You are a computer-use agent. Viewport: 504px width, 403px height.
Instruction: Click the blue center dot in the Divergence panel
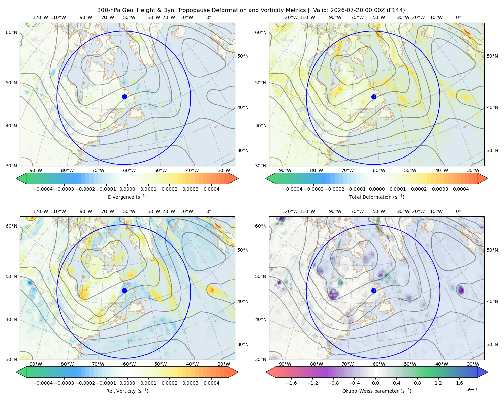pos(124,97)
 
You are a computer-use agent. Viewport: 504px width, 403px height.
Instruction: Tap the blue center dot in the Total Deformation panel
pos(374,97)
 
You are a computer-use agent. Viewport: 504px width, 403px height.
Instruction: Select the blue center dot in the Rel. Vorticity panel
pos(124,290)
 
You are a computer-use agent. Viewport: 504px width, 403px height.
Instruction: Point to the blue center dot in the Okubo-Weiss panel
pos(374,290)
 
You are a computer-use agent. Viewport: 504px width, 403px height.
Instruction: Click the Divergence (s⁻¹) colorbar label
pos(127,197)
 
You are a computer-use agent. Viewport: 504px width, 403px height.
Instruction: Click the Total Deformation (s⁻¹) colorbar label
pos(377,197)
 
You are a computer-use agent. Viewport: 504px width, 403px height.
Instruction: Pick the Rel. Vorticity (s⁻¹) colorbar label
pos(127,391)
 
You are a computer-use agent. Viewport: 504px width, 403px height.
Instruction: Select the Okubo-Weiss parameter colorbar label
pos(377,391)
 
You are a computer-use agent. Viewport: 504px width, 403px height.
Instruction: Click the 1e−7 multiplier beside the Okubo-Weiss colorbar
pos(471,389)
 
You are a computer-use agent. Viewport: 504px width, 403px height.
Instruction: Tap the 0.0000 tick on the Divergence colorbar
pos(127,189)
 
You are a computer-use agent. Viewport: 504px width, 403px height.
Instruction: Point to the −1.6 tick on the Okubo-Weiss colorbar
pos(291,383)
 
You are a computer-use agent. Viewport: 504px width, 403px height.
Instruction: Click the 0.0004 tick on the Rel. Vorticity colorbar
pos(211,383)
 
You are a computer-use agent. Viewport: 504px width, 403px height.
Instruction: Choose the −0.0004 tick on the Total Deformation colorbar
pos(293,189)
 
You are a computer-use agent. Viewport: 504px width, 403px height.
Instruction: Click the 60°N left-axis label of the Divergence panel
pos(11,32)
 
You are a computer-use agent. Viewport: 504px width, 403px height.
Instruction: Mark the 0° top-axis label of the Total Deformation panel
pos(458,17)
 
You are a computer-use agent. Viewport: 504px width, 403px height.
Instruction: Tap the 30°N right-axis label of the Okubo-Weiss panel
pos(492,344)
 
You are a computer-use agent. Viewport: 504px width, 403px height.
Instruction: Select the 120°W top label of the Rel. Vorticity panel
pos(40,211)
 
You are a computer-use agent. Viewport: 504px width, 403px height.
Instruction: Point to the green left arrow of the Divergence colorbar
pos(21,178)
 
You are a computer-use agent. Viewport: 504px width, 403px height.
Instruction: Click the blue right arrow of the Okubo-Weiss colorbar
pos(483,372)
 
